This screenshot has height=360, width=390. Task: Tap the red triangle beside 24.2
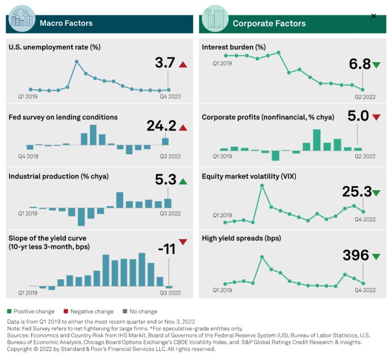[x=183, y=128]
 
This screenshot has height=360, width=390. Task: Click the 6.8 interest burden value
[x=359, y=65]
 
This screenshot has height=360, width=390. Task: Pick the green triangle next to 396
[x=376, y=257]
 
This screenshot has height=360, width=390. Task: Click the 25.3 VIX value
[x=356, y=192]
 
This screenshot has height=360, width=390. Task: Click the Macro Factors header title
[x=66, y=23]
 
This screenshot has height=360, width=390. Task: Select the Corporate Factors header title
[x=269, y=23]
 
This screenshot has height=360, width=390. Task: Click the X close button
[x=374, y=16]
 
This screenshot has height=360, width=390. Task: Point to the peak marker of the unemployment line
[x=77, y=62]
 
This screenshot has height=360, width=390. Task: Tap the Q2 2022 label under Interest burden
[x=365, y=97]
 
